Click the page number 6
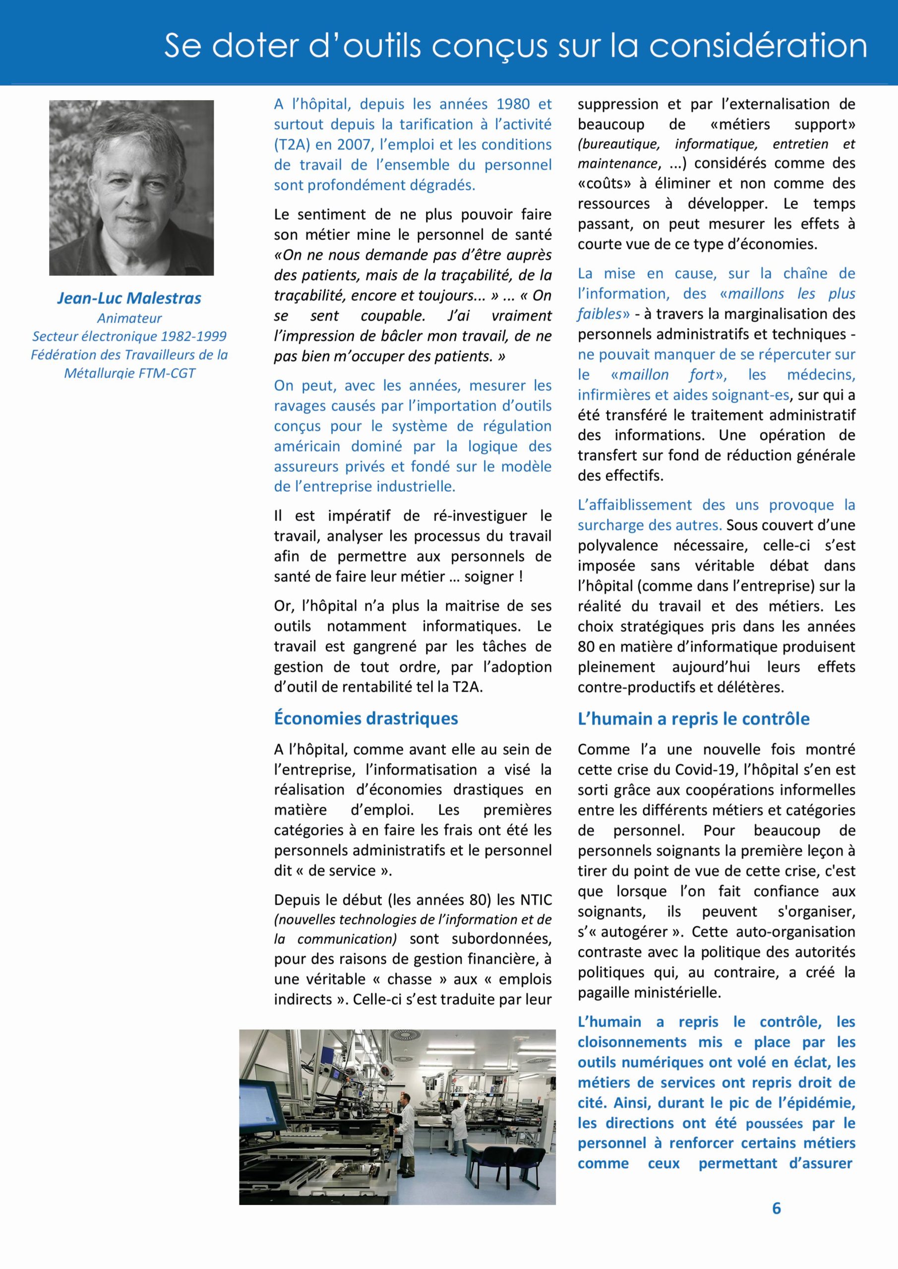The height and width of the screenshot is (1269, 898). tap(777, 1208)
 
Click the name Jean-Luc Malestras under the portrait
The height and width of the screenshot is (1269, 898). tap(129, 298)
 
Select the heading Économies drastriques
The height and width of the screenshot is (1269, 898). tap(365, 718)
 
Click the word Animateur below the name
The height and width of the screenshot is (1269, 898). tap(129, 318)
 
